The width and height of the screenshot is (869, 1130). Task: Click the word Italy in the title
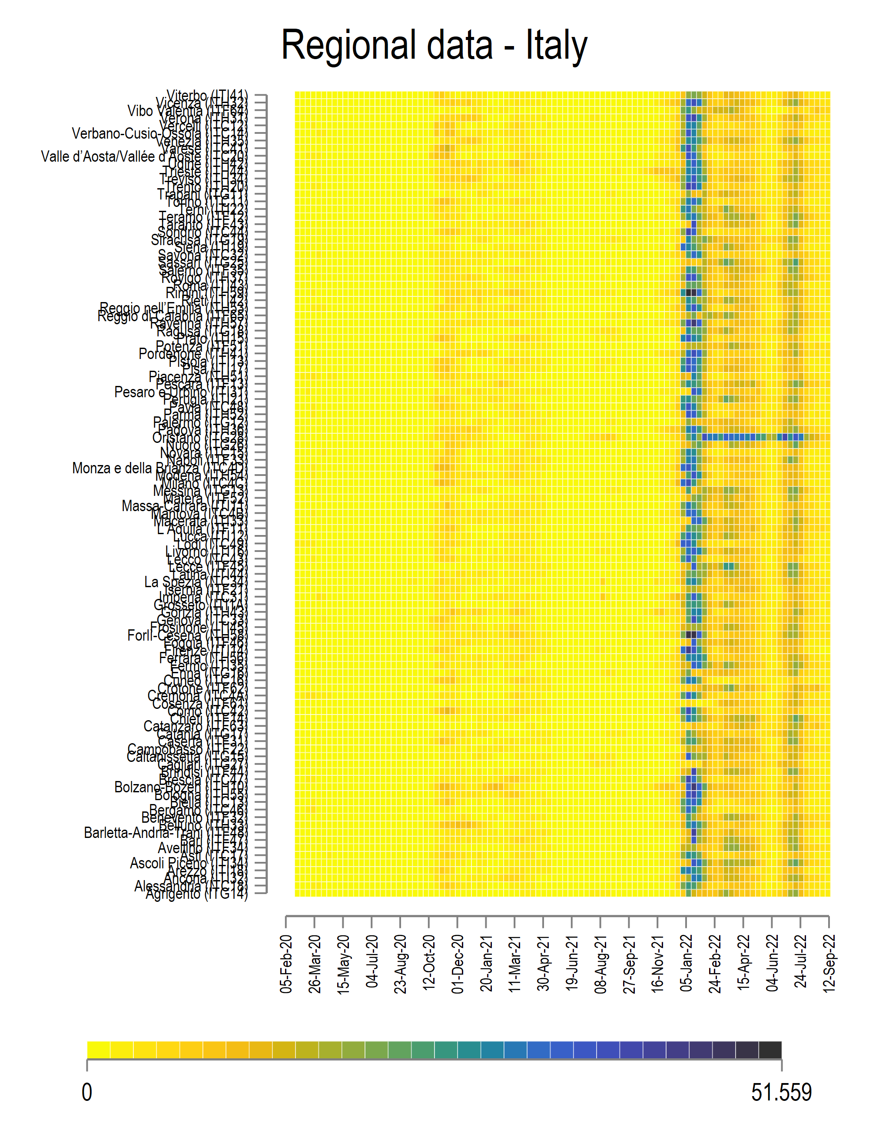[557, 46]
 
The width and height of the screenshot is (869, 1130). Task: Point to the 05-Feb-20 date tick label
[286, 964]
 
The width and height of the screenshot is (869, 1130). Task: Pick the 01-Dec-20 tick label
[457, 964]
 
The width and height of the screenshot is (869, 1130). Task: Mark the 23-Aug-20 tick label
[400, 964]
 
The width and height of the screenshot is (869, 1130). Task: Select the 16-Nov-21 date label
[657, 964]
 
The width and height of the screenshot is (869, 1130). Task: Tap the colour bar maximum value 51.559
[781, 1092]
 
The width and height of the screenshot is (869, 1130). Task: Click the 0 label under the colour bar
[87, 1092]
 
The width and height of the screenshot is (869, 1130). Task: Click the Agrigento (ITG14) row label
[196, 894]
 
